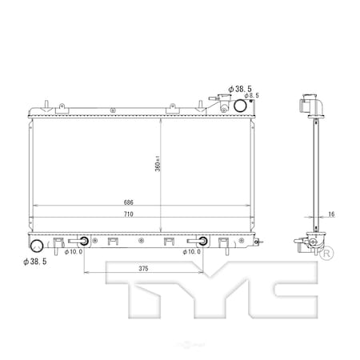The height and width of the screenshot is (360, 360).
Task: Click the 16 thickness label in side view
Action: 331,215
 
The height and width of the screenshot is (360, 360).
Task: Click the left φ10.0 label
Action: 74,252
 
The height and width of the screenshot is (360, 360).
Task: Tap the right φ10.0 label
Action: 193,252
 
